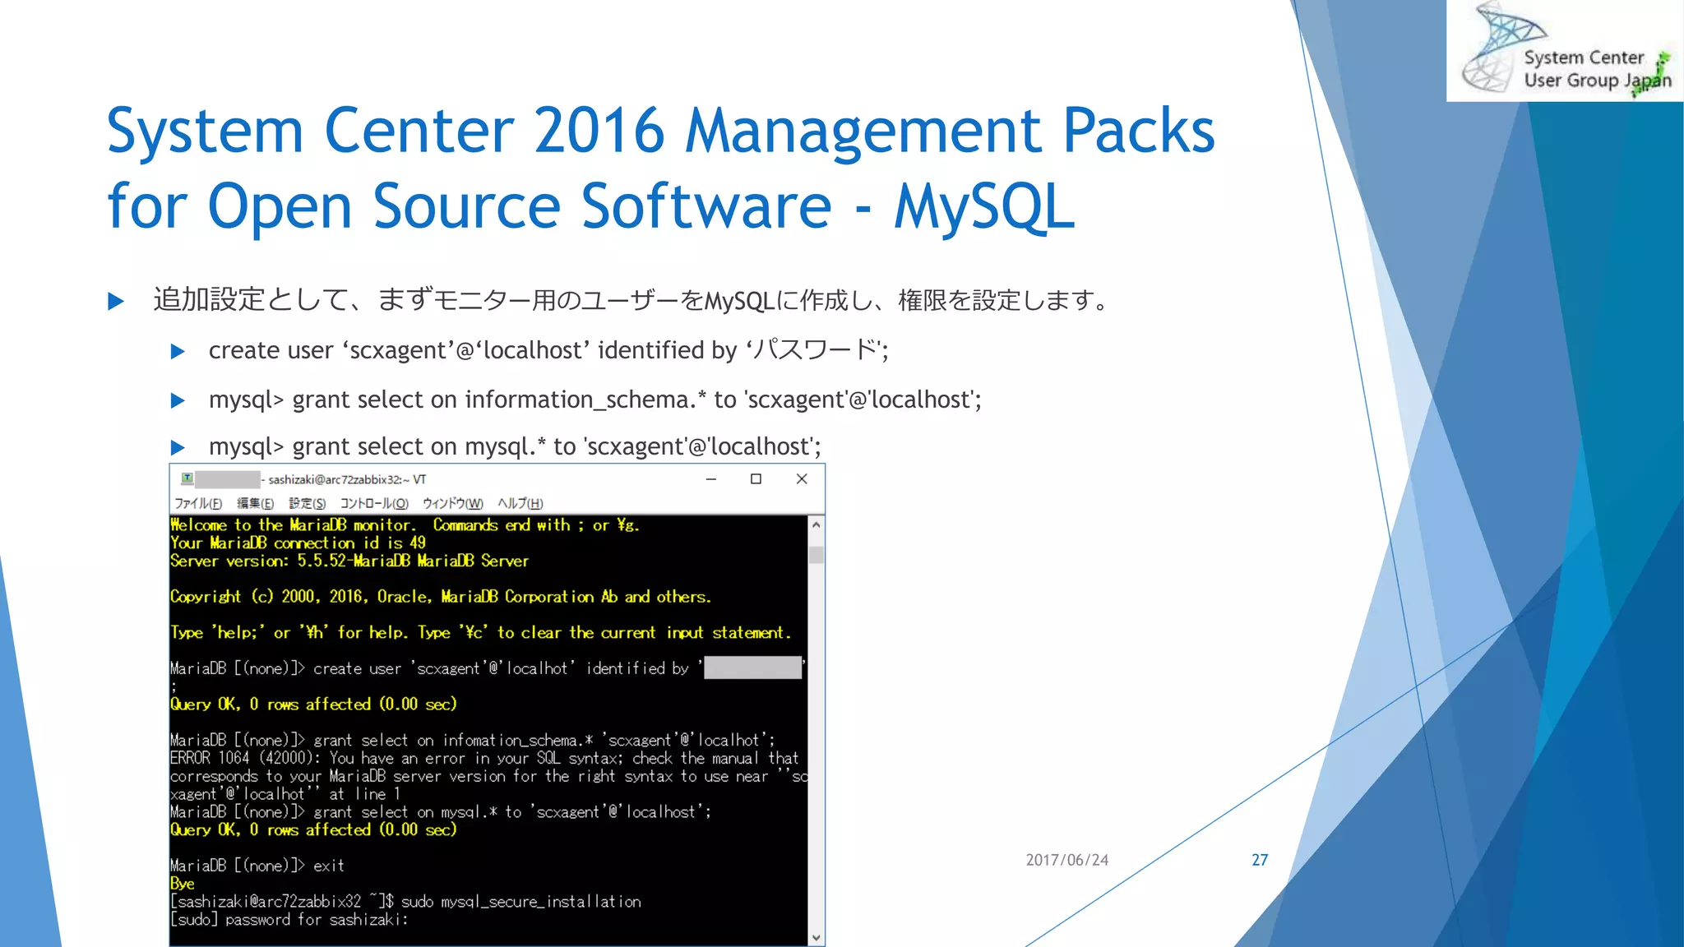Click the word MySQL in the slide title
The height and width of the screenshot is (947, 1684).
click(984, 206)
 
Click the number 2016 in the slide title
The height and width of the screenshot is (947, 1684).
click(599, 130)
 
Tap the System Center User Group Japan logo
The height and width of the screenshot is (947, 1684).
click(1565, 51)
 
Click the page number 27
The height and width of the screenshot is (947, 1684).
click(1259, 860)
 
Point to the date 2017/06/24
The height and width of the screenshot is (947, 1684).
click(1066, 860)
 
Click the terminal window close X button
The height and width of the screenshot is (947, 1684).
click(802, 479)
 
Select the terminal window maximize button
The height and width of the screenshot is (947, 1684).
click(756, 479)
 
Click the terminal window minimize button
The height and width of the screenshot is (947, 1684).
click(711, 479)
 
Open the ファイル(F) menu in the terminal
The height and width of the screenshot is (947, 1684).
click(197, 503)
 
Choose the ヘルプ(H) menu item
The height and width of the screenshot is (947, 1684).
click(520, 503)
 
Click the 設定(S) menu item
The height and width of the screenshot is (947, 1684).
click(307, 503)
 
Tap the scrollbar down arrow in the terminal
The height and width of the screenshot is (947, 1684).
click(816, 937)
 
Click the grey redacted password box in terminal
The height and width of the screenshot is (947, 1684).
click(752, 668)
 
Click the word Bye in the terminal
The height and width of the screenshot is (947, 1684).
click(183, 884)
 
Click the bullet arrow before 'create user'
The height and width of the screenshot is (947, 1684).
click(178, 352)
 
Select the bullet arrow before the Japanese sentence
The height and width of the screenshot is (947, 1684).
click(116, 301)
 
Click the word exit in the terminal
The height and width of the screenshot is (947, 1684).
click(328, 866)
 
